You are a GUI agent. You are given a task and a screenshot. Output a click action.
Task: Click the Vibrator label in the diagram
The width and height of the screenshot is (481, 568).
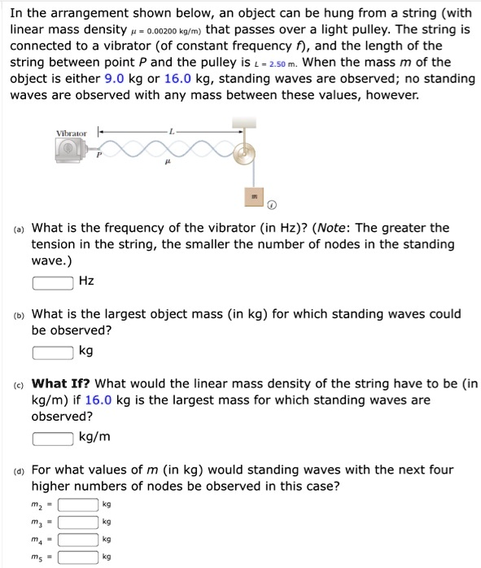[72, 133]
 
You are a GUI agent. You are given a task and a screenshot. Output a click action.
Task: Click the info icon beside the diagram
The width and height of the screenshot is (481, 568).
[272, 204]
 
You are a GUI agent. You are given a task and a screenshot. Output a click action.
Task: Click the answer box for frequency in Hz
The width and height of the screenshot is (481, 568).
[53, 282]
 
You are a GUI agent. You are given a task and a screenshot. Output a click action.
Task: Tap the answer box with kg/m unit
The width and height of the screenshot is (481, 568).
[53, 437]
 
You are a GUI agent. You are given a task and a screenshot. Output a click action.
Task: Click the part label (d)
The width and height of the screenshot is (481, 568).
[19, 470]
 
